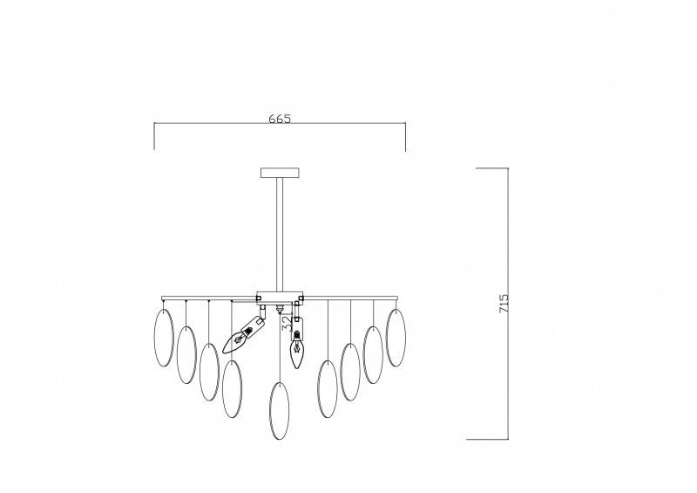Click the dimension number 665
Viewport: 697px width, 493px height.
pyautogui.click(x=280, y=119)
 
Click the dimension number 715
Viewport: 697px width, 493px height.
pyautogui.click(x=504, y=303)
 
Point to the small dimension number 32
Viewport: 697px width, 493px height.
pyautogui.click(x=288, y=323)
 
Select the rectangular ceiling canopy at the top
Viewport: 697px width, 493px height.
pyautogui.click(x=280, y=173)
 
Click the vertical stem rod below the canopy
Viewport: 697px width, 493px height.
pyautogui.click(x=280, y=234)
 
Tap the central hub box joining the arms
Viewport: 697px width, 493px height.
pyautogui.click(x=280, y=298)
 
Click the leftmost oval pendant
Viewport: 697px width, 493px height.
pyautogui.click(x=163, y=337)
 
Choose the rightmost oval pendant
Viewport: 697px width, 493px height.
pyautogui.click(x=396, y=337)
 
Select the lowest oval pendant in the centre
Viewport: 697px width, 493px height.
pyautogui.click(x=279, y=411)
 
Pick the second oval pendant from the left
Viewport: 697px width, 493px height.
pyautogui.click(x=186, y=354)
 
